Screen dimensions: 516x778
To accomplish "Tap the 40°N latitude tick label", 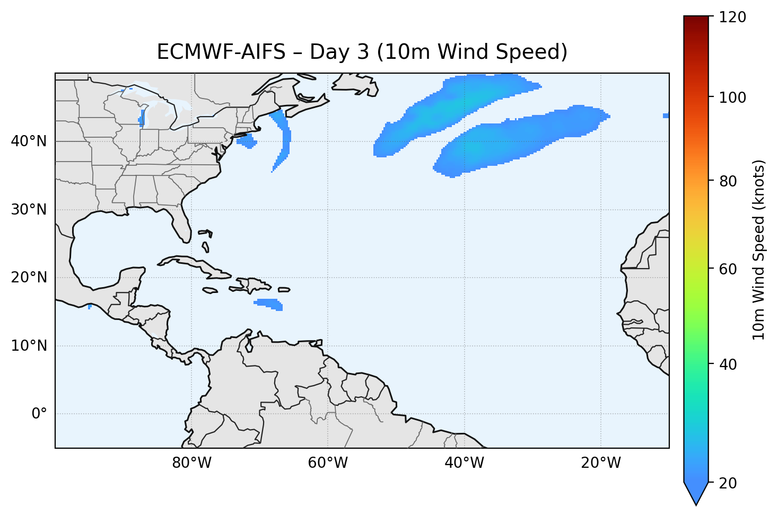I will pyautogui.click(x=29, y=141).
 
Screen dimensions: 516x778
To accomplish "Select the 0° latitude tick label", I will pyautogui.click(x=39, y=414).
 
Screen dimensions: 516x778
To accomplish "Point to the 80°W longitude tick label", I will pyautogui.click(x=191, y=463).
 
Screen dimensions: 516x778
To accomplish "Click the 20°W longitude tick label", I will pyautogui.click(x=601, y=463).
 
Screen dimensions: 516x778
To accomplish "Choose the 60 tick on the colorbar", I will pyautogui.click(x=729, y=269).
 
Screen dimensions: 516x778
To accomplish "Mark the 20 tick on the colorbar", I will pyautogui.click(x=729, y=483).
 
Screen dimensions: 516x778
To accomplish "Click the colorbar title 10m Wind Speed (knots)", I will pyautogui.click(x=759, y=250).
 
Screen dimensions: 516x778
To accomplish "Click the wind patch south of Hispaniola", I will pyautogui.click(x=269, y=304).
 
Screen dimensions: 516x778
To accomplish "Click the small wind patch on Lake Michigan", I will pyautogui.click(x=142, y=118).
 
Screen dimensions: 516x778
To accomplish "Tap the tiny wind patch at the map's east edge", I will pyautogui.click(x=666, y=115).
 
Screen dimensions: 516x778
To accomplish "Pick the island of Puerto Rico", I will pyautogui.click(x=284, y=290).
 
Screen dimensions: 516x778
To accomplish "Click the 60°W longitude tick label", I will pyautogui.click(x=328, y=463).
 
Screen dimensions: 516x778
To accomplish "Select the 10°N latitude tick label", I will pyautogui.click(x=29, y=346).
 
